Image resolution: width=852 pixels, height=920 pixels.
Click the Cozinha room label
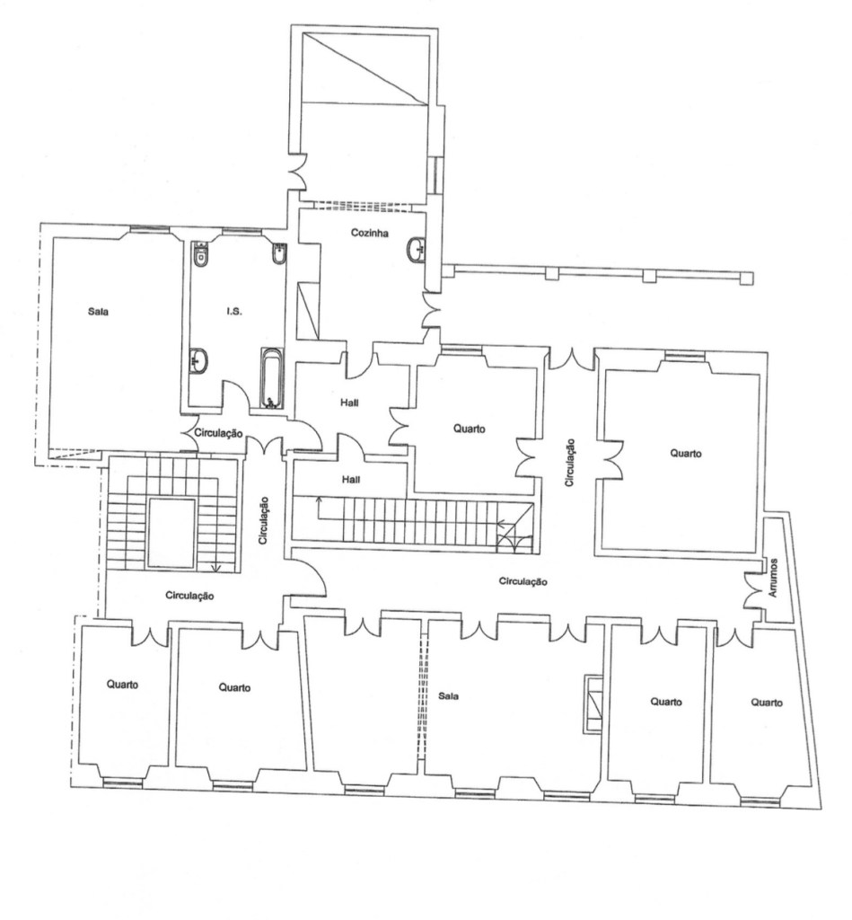pos(369,233)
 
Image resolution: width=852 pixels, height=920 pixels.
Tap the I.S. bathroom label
pos(234,312)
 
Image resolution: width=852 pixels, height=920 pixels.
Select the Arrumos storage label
pos(773,578)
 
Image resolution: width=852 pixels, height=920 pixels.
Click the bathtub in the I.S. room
pos(271,378)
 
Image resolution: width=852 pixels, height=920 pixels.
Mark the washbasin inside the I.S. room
pos(198,360)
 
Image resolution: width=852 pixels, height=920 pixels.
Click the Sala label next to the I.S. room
pos(98,312)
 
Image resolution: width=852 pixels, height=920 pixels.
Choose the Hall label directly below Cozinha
pos(349,403)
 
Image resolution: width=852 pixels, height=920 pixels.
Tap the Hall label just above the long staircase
pos(351,480)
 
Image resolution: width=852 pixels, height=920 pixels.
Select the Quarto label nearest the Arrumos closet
pos(767,703)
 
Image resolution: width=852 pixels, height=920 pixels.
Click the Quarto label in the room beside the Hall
pos(470,429)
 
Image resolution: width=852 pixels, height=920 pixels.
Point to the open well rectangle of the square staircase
pos(171,534)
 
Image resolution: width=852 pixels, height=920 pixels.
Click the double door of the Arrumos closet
pos(752,589)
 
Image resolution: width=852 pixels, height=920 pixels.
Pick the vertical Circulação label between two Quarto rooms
pos(569,463)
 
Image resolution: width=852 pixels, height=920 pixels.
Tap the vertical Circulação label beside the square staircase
pos(264,520)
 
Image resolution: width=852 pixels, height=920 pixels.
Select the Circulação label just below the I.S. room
pos(218,434)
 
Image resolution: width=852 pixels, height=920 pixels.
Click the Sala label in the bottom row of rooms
pos(448,696)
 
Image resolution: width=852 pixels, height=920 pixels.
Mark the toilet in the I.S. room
pos(200,255)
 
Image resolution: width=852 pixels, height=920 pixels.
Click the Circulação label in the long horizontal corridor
pos(523,581)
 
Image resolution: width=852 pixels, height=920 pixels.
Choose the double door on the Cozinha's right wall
pos(431,310)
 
